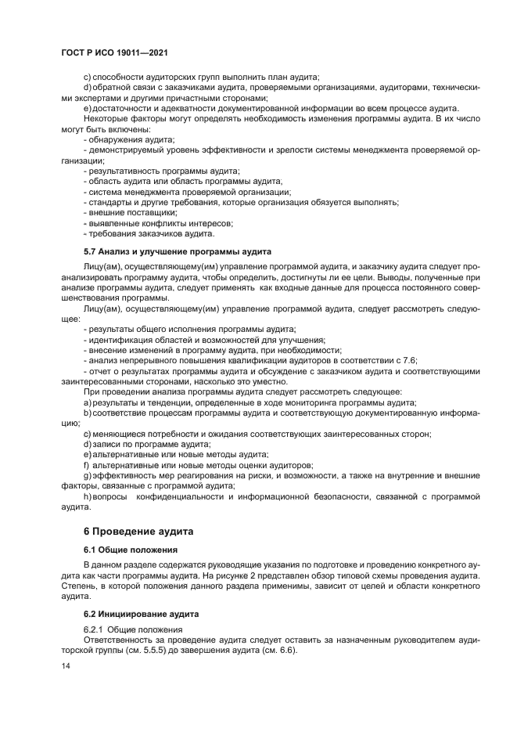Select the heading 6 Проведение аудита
(140, 531)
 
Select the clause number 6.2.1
(94, 629)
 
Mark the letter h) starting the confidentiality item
(88, 496)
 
